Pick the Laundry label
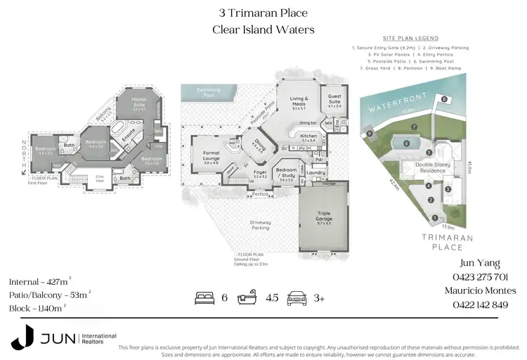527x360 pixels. click(315, 172)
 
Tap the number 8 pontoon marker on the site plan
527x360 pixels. click(444, 99)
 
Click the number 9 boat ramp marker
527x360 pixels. click(370, 134)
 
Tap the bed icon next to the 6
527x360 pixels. click(203, 297)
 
